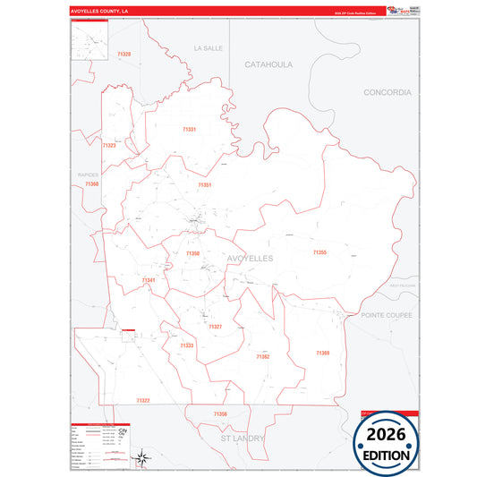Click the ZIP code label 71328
coord(124,55)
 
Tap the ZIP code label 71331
coord(189,129)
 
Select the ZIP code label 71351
coord(204,184)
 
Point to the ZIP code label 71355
coord(319,253)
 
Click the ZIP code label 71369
coord(322,353)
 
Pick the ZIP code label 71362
coord(262,356)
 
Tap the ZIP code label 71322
coord(143,400)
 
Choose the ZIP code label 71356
coord(220,413)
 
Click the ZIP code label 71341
coord(149,280)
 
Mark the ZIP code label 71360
coord(92,183)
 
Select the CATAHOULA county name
coord(269,64)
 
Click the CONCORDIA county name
coord(388,92)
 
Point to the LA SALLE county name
coord(207,47)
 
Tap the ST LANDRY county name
coord(244,439)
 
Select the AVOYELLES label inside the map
coord(251,258)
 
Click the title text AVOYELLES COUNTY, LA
coord(99,11)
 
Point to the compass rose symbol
coord(141,459)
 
